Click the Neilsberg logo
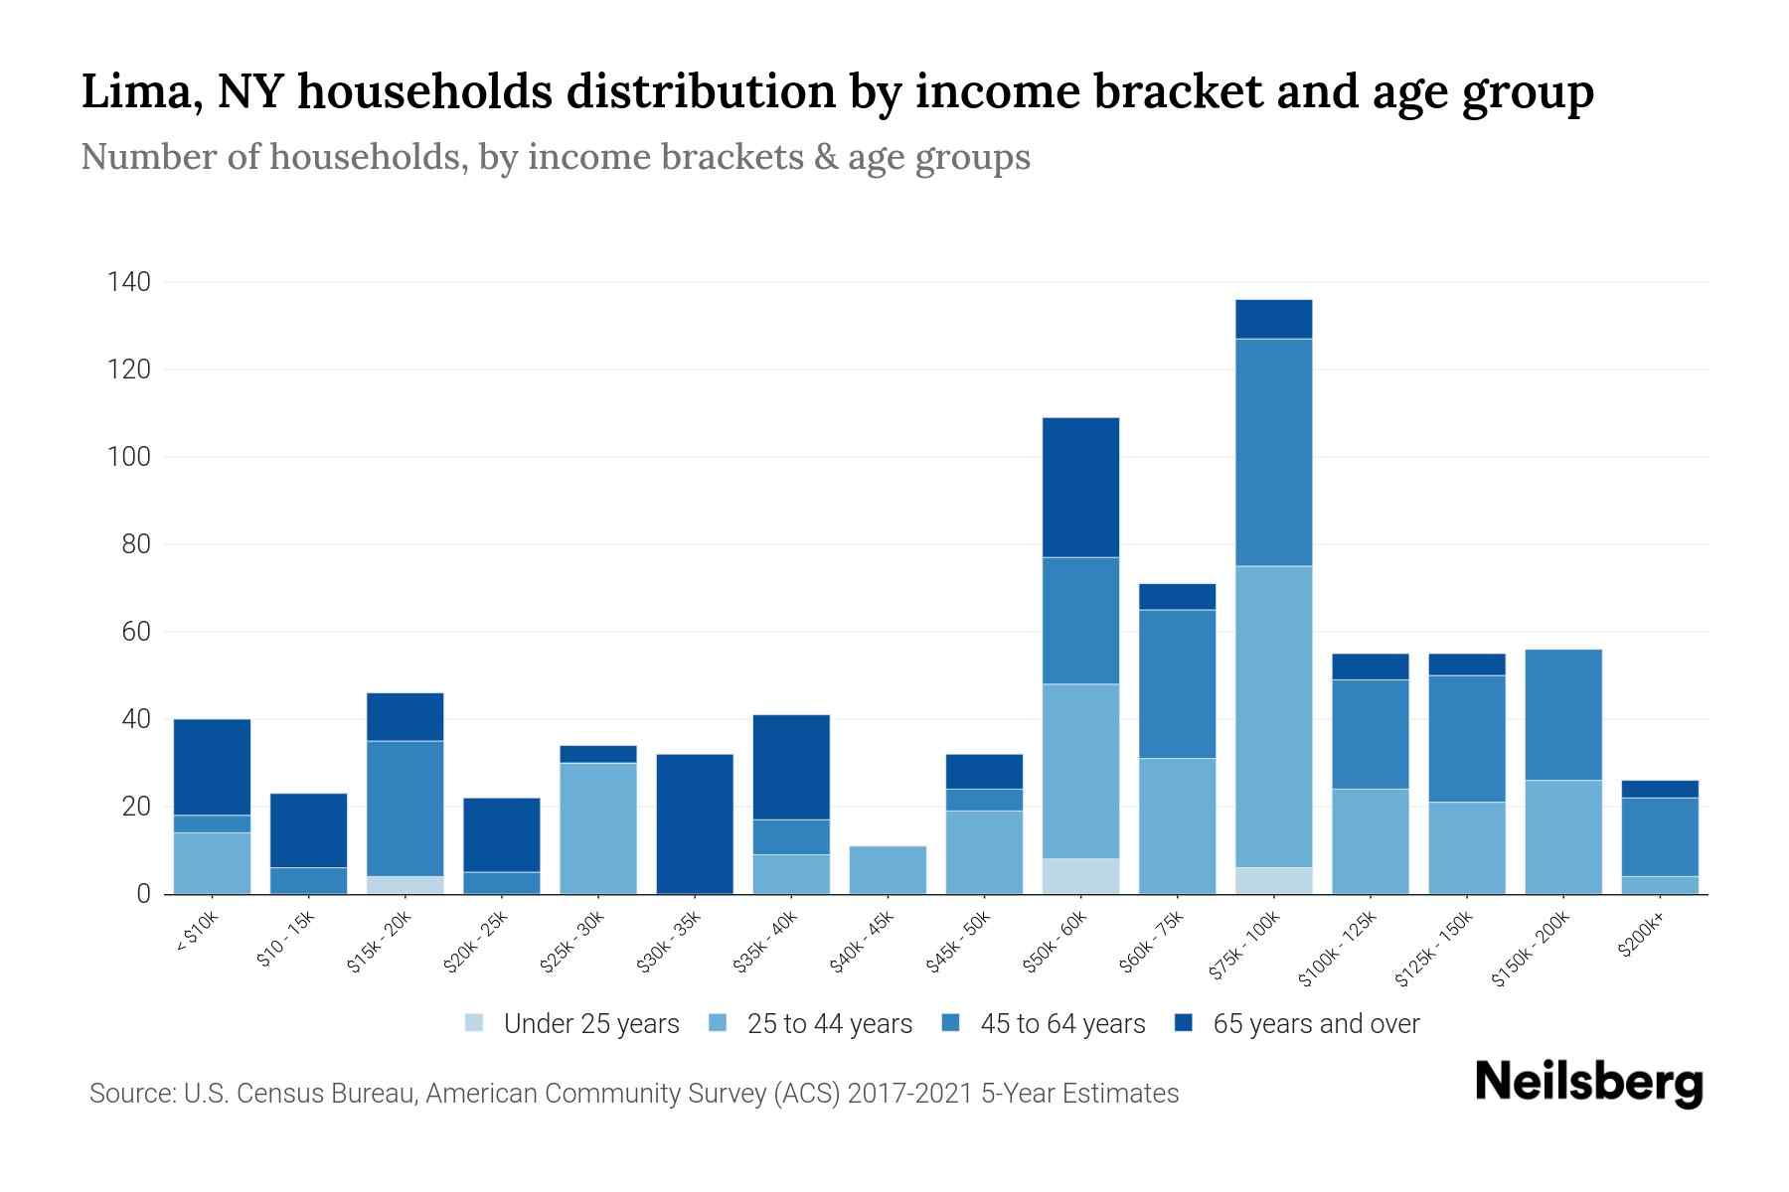pyautogui.click(x=1588, y=1082)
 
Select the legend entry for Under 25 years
pyautogui.click(x=571, y=1023)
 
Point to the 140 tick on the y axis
pyautogui.click(x=129, y=283)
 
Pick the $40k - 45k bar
pyautogui.click(x=888, y=870)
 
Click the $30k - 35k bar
pyautogui.click(x=695, y=824)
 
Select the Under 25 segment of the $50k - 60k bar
pyautogui.click(x=1080, y=876)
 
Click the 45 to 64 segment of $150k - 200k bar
pyautogui.click(x=1563, y=715)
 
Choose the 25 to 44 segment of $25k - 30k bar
pyautogui.click(x=598, y=828)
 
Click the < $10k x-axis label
pyautogui.click(x=197, y=933)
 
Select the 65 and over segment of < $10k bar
pyautogui.click(x=212, y=767)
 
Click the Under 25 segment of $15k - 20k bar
pyautogui.click(x=406, y=885)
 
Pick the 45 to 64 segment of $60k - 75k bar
pyautogui.click(x=1177, y=684)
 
